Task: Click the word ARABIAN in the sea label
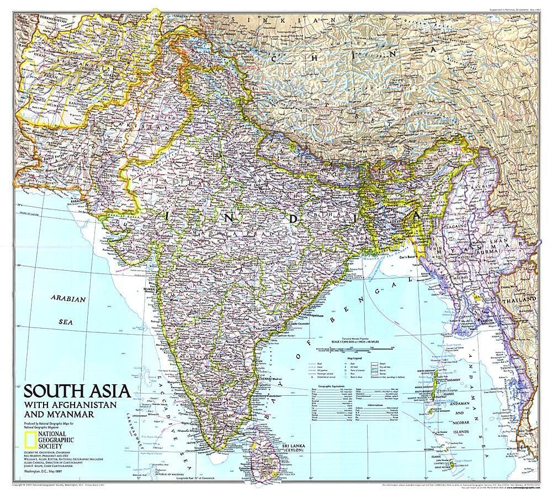pos(68,299)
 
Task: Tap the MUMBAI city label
pos(149,288)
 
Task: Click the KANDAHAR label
pos(78,103)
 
